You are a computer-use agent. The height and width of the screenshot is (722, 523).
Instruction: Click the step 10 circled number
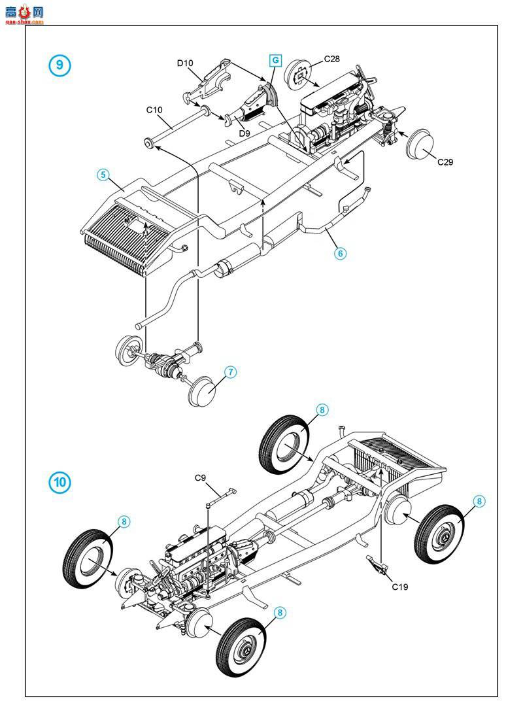point(59,483)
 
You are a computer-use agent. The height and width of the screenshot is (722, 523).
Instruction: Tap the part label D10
point(185,63)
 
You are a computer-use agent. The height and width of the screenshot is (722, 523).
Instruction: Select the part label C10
point(154,110)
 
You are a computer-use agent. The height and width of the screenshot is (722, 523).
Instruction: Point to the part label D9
point(245,133)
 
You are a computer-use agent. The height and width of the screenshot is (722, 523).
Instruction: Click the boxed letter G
point(275,60)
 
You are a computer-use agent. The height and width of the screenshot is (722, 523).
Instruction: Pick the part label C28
point(332,59)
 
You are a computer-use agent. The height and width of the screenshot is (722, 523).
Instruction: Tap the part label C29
point(445,162)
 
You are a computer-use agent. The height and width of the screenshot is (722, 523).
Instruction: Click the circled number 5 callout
point(103,175)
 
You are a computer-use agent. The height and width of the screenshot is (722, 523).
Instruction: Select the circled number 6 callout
point(340,253)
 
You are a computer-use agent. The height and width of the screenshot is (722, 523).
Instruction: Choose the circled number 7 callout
point(230,371)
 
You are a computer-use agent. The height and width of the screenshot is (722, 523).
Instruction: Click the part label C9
point(201,477)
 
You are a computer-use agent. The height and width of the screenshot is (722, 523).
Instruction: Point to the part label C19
point(400,587)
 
